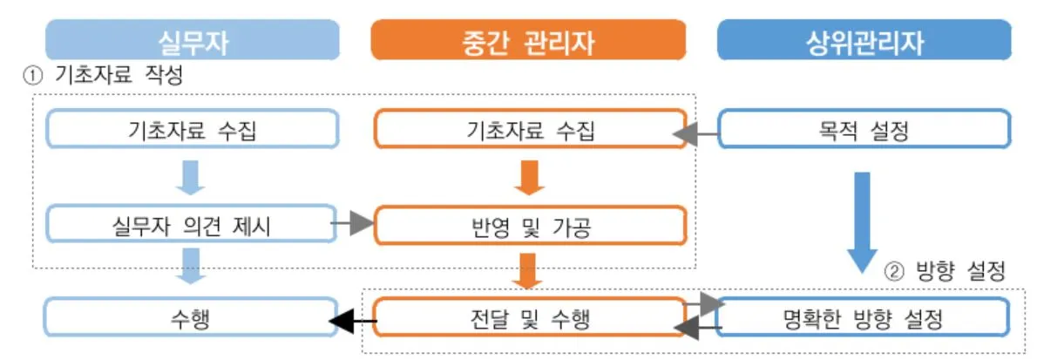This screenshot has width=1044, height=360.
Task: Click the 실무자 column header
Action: pos(192,40)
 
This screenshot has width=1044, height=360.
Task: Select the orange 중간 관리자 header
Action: pos(528,40)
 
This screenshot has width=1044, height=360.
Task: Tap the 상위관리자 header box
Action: pos(864,40)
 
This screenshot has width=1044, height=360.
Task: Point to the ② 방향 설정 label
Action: pos(946,272)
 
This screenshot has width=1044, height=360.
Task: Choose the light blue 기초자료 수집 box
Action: pos(192,132)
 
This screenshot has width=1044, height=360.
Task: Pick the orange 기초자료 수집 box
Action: pos(529,132)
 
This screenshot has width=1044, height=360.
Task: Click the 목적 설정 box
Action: pos(864,132)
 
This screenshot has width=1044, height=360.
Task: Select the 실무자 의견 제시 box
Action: pos(192,225)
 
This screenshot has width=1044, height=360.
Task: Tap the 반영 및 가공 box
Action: pos(529,225)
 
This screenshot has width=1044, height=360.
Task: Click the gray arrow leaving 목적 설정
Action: pos(697,134)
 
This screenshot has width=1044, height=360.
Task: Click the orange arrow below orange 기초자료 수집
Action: pos(528,178)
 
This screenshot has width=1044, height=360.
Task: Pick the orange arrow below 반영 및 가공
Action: pos(528,270)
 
